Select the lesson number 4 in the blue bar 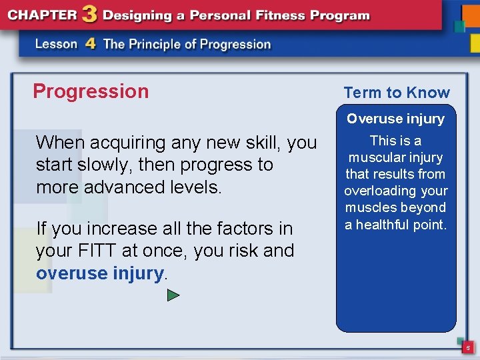91,44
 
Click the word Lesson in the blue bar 57,44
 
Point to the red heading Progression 91,91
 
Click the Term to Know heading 397,93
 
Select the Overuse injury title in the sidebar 395,119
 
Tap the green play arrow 173,295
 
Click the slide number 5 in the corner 468,348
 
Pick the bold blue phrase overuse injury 99,273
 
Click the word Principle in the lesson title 163,44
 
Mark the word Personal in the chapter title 199,14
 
